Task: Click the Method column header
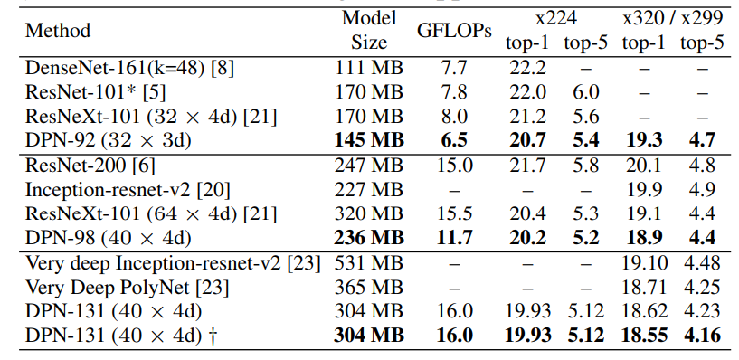coord(58,30)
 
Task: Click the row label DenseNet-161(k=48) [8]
coord(116,69)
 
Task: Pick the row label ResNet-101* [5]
coord(83,92)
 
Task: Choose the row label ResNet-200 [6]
coord(82,166)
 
